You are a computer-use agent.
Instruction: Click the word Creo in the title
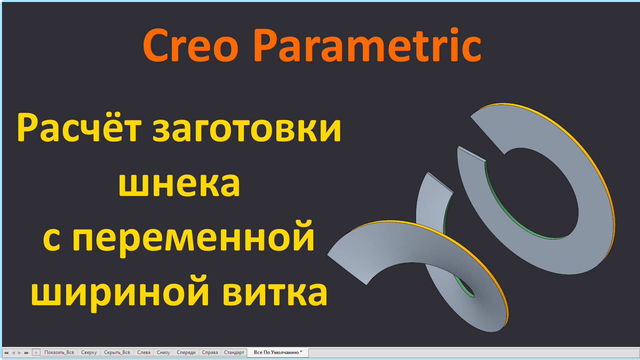[x=190, y=46]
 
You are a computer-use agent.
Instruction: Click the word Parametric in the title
[x=367, y=46]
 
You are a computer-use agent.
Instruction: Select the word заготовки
[x=247, y=129]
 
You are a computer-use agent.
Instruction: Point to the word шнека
[x=179, y=184]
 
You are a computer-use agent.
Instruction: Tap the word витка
[x=275, y=292]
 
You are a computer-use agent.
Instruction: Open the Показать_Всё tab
[x=59, y=352]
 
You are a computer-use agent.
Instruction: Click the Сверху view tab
[x=89, y=352]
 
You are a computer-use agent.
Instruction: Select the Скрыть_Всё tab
[x=117, y=352]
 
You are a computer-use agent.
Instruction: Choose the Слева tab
[x=144, y=352]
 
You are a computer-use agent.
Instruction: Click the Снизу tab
[x=163, y=352]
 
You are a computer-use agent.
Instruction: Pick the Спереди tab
[x=186, y=352]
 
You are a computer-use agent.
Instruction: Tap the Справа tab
[x=210, y=352]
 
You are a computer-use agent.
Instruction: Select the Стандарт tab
[x=234, y=352]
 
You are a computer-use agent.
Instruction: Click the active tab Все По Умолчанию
[x=278, y=352]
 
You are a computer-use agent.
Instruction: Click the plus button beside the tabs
[x=36, y=352]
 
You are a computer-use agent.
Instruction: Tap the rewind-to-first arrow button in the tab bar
[x=6, y=352]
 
